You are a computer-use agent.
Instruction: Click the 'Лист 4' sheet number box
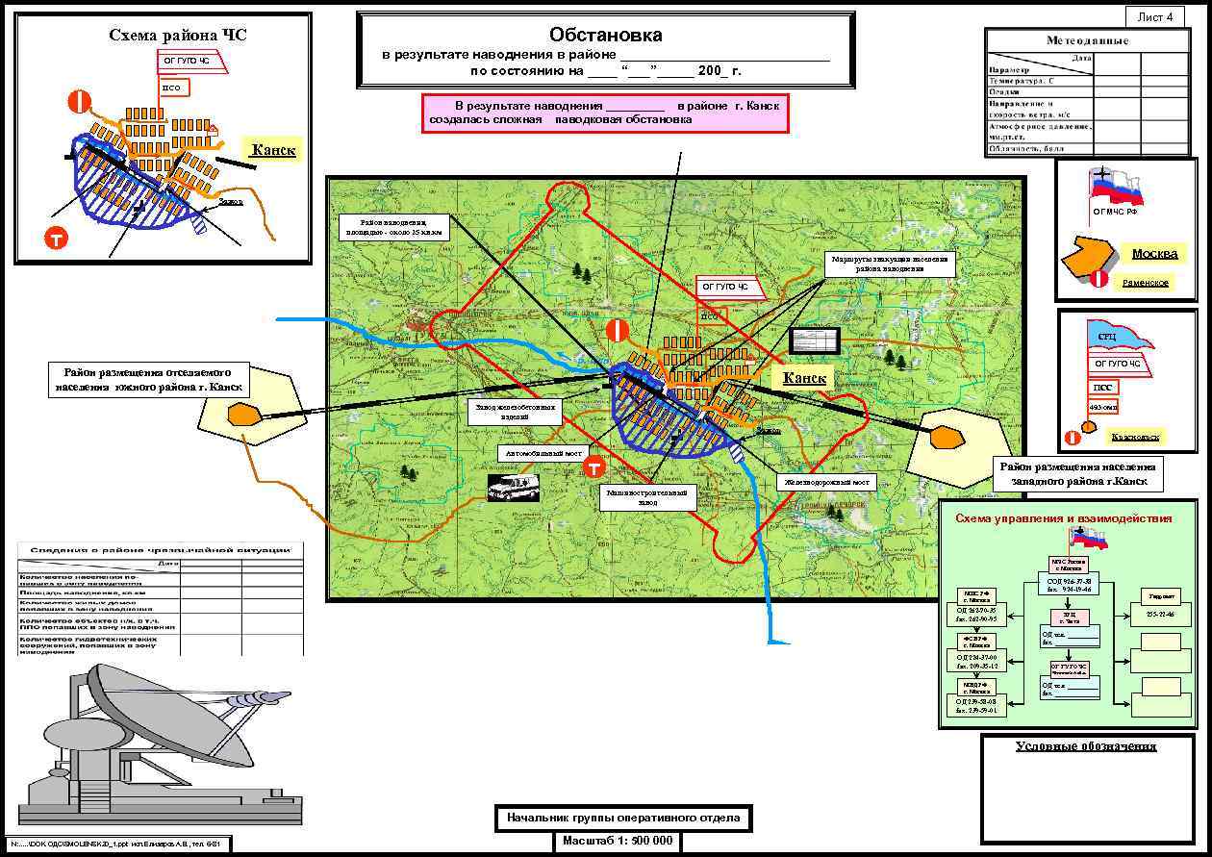click(x=1155, y=16)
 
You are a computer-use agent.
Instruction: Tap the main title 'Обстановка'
click(x=605, y=35)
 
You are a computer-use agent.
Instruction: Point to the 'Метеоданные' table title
click(x=1087, y=40)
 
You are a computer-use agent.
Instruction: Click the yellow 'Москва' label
click(x=1154, y=254)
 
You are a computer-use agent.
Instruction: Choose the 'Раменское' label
click(x=1145, y=283)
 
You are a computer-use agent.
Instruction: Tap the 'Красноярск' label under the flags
click(x=1135, y=437)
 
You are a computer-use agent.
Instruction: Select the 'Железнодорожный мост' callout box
click(x=826, y=482)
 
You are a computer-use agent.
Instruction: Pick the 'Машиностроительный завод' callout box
click(x=647, y=496)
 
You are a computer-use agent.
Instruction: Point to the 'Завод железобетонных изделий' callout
click(x=516, y=412)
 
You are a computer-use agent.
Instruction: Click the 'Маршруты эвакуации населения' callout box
click(x=889, y=265)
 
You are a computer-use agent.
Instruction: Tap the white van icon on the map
click(x=513, y=488)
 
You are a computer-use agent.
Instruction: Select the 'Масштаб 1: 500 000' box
click(x=617, y=841)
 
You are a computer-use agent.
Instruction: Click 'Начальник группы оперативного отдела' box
click(x=623, y=818)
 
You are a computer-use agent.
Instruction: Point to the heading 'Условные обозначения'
click(x=1086, y=746)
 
